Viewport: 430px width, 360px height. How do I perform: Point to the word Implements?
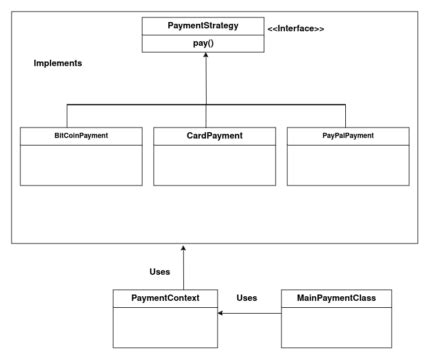click(58, 63)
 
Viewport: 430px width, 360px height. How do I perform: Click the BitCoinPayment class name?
click(82, 134)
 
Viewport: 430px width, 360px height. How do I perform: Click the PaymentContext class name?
click(165, 298)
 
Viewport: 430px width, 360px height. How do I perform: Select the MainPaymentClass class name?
click(330, 298)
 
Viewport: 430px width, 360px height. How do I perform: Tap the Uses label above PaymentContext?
click(158, 271)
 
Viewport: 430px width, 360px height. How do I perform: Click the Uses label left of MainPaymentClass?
click(247, 297)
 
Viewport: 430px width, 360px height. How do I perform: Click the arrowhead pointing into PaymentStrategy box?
click(206, 56)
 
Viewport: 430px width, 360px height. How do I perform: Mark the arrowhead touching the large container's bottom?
click(183, 247)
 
